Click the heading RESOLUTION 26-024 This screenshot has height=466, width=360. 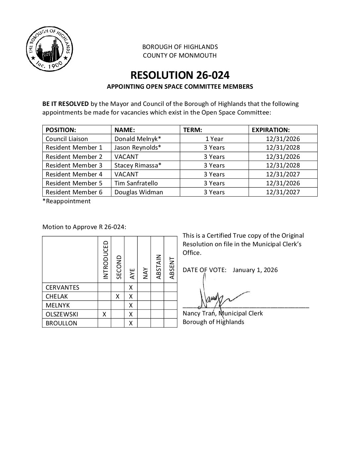click(x=180, y=75)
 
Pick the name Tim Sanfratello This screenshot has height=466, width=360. click(x=136, y=183)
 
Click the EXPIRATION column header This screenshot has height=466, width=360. click(x=271, y=130)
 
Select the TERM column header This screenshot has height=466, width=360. click(x=193, y=130)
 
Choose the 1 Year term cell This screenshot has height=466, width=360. click(x=214, y=139)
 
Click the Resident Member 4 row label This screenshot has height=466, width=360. click(x=74, y=174)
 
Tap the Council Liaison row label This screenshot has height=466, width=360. click(x=67, y=139)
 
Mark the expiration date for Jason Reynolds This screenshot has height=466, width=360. click(x=283, y=148)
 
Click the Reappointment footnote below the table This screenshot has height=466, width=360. click(x=67, y=201)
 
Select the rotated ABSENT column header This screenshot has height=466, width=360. click(x=171, y=267)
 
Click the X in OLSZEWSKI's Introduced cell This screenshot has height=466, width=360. click(x=104, y=314)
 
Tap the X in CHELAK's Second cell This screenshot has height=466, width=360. click(x=117, y=297)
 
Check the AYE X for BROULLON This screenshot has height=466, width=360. click(x=131, y=323)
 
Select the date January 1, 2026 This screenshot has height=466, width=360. click(x=255, y=270)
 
